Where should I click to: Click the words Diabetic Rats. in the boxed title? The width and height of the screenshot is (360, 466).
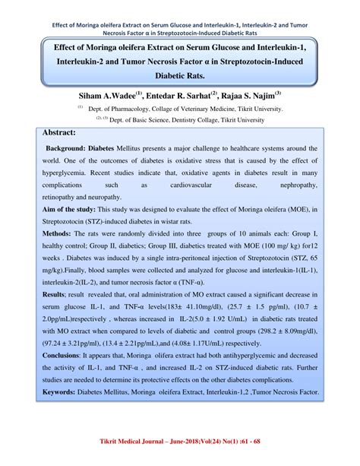[x=180, y=77]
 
